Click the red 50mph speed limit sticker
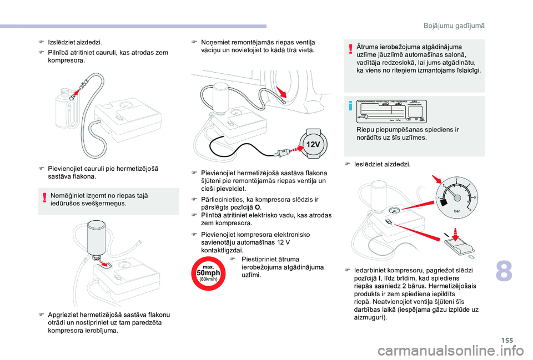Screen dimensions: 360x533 click(x=208, y=273)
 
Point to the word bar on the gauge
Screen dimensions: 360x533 click(x=457, y=211)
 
